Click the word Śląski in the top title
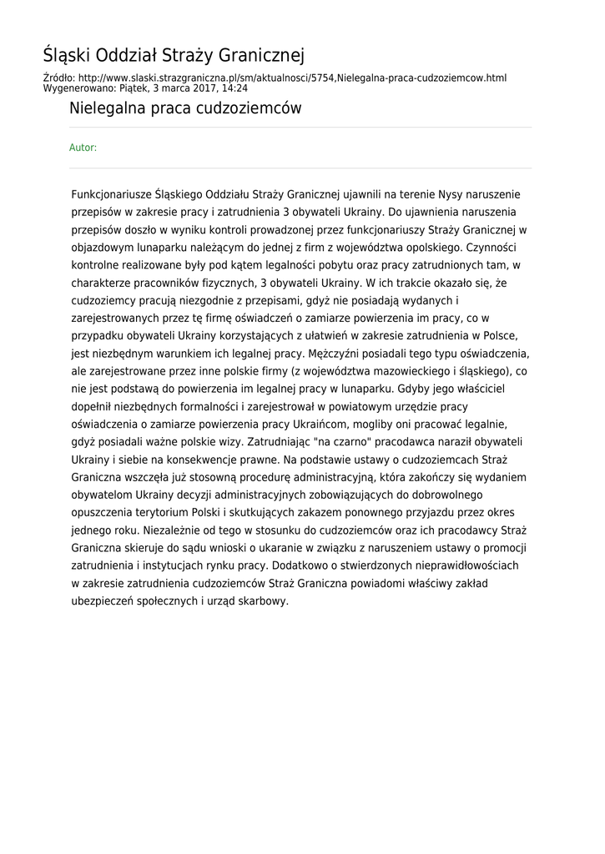(68, 56)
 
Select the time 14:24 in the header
(234, 88)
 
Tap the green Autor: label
(83, 148)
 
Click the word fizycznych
(222, 283)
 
